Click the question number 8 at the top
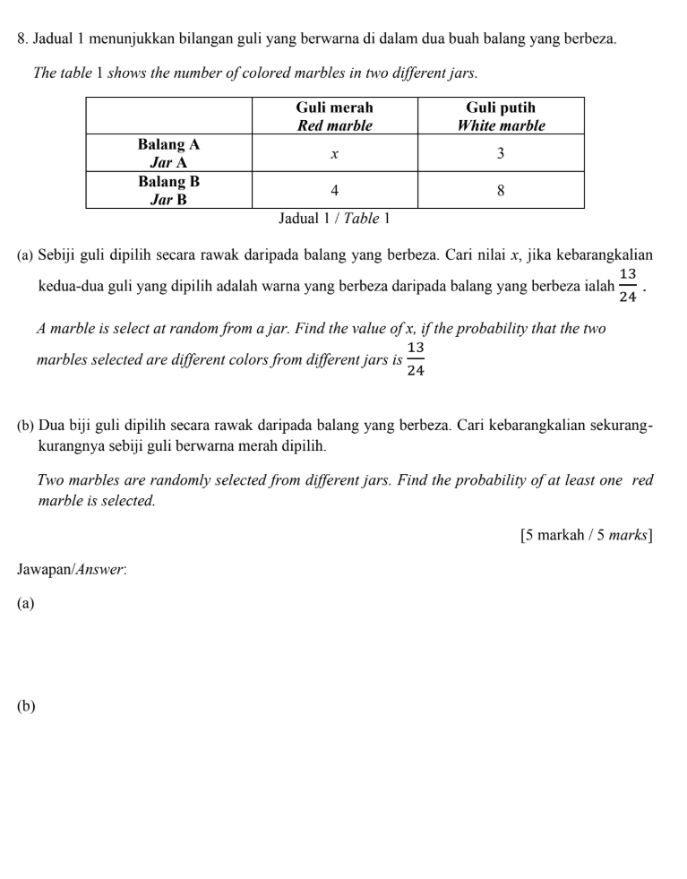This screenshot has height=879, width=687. (x=21, y=39)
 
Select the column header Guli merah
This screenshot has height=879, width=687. (x=334, y=108)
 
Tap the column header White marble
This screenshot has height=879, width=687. (x=501, y=125)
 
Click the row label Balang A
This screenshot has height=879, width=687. (x=168, y=143)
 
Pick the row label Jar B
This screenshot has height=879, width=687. (x=168, y=199)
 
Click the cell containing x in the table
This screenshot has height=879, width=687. (x=334, y=154)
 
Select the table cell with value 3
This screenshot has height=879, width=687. (x=501, y=154)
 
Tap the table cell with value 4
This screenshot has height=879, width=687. (x=334, y=191)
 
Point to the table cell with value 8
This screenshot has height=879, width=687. (x=501, y=191)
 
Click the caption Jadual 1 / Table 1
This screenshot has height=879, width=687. (x=335, y=218)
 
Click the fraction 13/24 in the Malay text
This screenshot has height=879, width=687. (x=628, y=285)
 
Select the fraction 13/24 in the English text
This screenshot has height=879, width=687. (x=416, y=359)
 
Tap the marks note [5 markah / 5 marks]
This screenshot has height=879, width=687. (x=586, y=536)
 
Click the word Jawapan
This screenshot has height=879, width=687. (x=39, y=570)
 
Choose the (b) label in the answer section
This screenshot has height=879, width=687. (x=26, y=706)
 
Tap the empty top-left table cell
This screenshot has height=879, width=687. (x=168, y=116)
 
